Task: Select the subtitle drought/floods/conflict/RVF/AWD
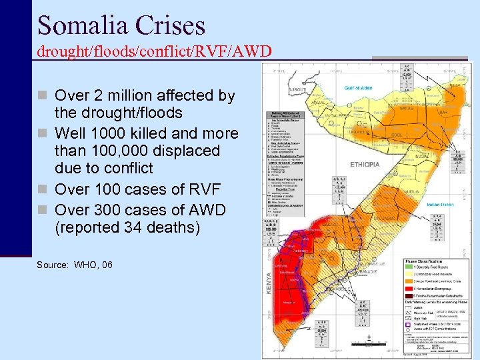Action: point(154,51)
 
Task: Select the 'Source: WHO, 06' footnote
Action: point(75,265)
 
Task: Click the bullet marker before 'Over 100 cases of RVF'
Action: point(43,189)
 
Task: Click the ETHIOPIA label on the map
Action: point(365,165)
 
